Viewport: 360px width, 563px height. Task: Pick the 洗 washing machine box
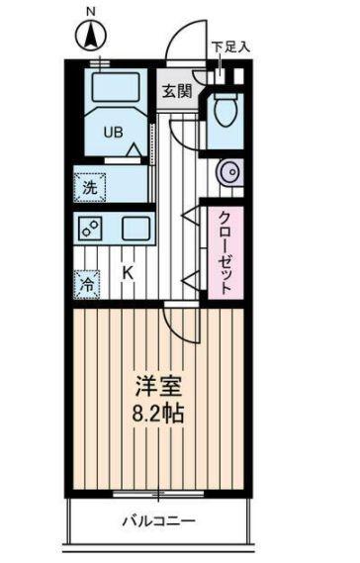point(89,186)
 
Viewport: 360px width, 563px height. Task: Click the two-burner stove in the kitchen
point(92,229)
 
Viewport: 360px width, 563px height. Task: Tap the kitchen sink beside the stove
point(135,229)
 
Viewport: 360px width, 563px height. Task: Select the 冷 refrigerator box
point(87,282)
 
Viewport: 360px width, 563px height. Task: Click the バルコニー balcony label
point(158,520)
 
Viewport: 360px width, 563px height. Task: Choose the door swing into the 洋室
point(179,323)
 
